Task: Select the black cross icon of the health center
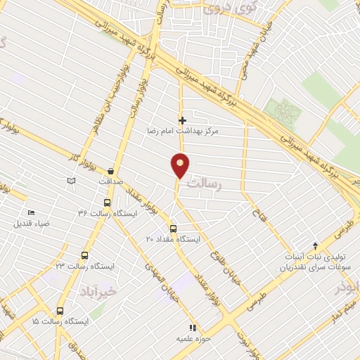(183, 120)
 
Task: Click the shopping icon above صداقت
(111, 171)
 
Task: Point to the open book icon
(70, 181)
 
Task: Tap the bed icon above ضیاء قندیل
(31, 213)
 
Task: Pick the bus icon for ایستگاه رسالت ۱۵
(60, 310)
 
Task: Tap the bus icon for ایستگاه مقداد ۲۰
(173, 229)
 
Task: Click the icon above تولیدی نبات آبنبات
(316, 245)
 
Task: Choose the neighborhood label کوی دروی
(221, 9)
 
